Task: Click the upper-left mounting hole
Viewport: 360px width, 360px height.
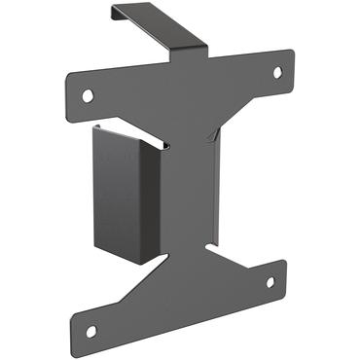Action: [x=88, y=94]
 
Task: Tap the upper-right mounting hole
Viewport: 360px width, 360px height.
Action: [x=276, y=72]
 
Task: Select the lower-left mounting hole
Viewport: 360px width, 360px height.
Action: [x=90, y=330]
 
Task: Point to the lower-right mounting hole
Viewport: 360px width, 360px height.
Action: [x=270, y=282]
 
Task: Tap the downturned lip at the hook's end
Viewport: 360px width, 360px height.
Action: [x=115, y=13]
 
